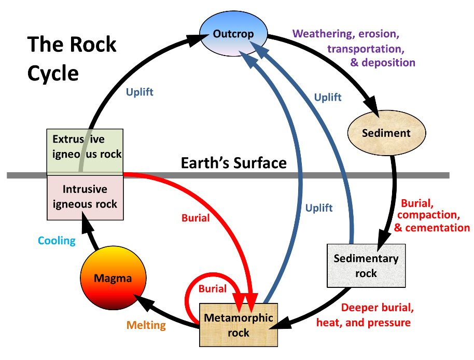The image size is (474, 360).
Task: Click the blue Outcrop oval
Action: [233, 34]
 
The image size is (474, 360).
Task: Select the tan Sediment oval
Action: [386, 133]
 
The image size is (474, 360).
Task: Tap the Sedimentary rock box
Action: [366, 265]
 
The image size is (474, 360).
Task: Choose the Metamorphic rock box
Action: [239, 325]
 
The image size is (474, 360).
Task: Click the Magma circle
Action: [113, 279]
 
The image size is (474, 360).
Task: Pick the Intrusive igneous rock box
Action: [85, 196]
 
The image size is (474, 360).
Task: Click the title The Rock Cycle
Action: [72, 58]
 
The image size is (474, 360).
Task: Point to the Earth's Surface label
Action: [233, 163]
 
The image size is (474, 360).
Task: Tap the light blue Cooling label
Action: [57, 241]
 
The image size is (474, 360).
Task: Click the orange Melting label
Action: [146, 326]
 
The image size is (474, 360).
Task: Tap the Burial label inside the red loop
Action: [213, 289]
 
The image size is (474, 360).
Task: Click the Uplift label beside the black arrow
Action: [140, 93]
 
